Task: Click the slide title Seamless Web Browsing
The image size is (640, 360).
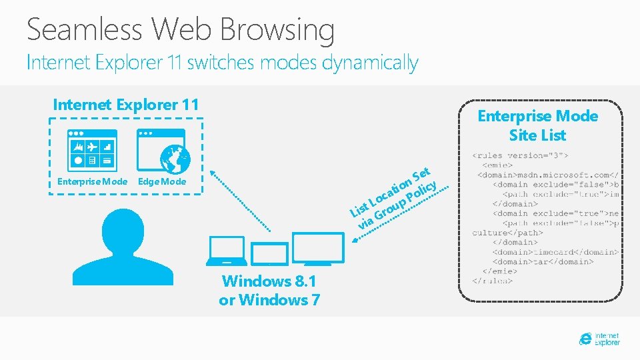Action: click(x=181, y=30)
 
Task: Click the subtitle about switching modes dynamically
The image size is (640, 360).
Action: click(x=222, y=63)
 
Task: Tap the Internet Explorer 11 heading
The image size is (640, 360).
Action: click(x=126, y=105)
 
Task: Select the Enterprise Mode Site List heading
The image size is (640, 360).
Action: click(x=537, y=125)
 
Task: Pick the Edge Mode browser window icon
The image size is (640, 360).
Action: click(x=160, y=150)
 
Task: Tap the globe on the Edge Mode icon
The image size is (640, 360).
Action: click(x=175, y=159)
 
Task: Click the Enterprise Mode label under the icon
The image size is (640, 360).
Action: click(x=92, y=182)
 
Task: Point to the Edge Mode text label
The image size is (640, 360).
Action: click(x=162, y=182)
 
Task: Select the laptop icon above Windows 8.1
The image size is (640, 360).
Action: click(x=227, y=251)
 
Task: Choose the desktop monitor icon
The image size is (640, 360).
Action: click(x=318, y=249)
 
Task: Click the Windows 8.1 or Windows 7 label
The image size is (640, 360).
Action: click(x=269, y=290)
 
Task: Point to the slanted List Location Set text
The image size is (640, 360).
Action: click(x=395, y=197)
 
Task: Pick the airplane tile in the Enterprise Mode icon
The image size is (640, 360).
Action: click(x=92, y=145)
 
